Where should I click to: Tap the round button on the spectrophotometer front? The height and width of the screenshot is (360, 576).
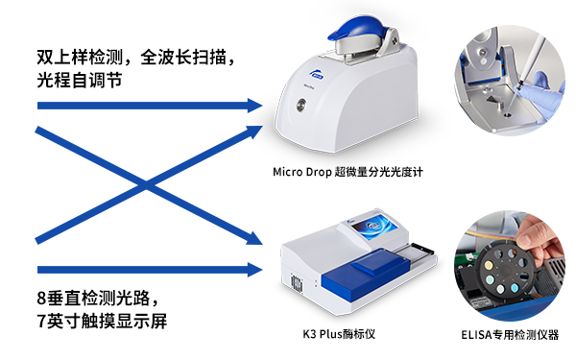coord(301,105)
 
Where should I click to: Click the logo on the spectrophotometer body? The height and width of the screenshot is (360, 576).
coord(315,74)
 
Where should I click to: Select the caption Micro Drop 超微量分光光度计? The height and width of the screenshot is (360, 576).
coord(348,172)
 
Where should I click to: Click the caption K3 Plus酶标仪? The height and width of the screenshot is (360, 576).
coord(339,334)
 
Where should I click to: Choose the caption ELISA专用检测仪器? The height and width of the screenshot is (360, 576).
coord(510,335)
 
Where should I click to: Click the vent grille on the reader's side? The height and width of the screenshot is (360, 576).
coord(297,283)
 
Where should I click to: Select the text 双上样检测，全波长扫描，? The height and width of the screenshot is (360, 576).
coord(135,57)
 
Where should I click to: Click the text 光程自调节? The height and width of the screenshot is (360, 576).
coord(80,80)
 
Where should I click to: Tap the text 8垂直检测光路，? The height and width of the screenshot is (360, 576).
coord(98,298)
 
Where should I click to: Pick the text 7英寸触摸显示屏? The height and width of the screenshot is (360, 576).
coord(102,321)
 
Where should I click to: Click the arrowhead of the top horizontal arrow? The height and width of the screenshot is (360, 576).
coord(254,106)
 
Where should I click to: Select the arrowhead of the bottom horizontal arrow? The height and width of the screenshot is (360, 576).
coord(254,270)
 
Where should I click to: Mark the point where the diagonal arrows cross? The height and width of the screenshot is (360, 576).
coord(147,184)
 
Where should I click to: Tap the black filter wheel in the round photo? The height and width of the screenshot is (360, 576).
coord(503,271)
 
